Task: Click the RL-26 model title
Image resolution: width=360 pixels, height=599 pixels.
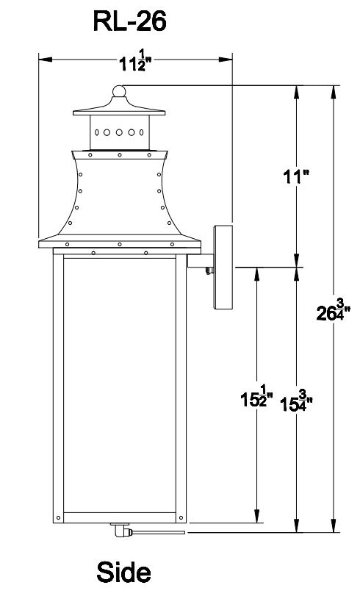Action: click(129, 21)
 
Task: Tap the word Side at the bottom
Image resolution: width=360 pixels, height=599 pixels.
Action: click(123, 572)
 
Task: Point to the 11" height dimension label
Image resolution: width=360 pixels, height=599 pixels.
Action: click(295, 177)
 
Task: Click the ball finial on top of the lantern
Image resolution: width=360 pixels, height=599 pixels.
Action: click(119, 91)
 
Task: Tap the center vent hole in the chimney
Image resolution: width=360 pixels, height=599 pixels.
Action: click(119, 132)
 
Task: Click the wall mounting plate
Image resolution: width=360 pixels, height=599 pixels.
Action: click(223, 268)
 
